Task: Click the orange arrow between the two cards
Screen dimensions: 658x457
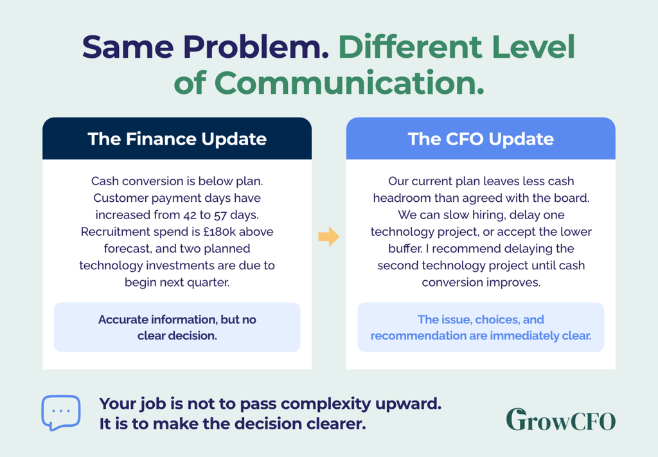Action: coord(328,237)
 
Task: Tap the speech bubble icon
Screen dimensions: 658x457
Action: coord(61,413)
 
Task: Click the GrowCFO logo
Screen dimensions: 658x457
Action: coord(560,420)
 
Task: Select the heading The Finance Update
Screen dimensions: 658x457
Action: coord(177,139)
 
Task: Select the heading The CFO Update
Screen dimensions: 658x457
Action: coord(481,139)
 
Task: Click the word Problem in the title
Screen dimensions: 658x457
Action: coord(256,46)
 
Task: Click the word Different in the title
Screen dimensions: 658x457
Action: coord(410,46)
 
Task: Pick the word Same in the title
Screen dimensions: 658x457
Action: coord(128,46)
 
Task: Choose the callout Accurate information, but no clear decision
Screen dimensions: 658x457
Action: coord(177,327)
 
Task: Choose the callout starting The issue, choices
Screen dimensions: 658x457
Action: coord(481,327)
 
